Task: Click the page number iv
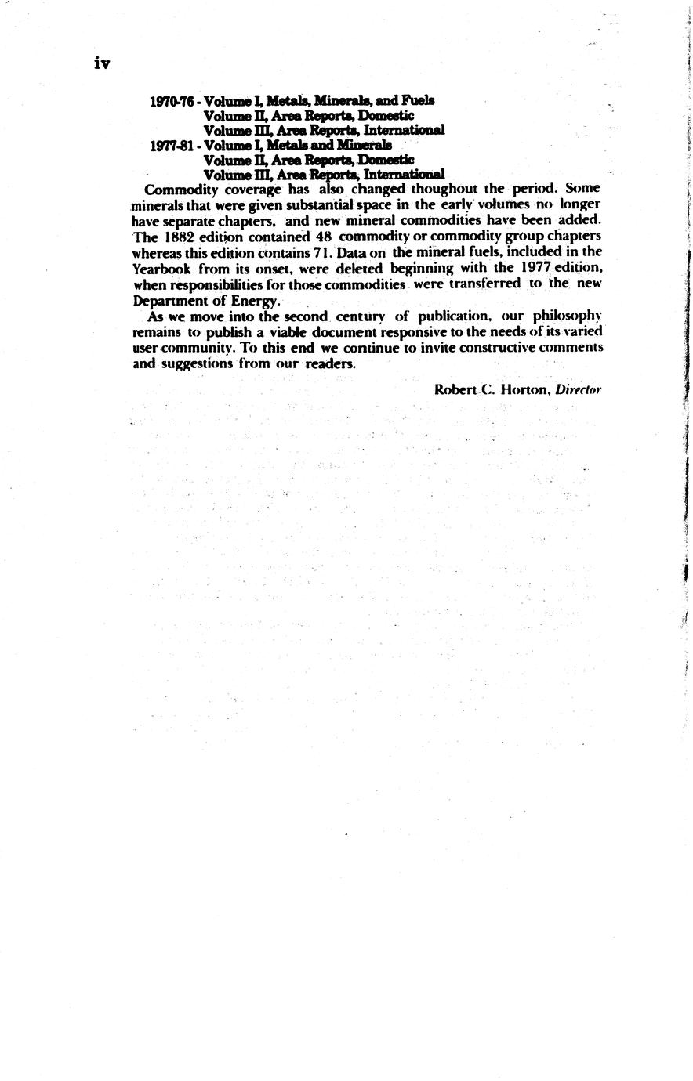click(x=102, y=64)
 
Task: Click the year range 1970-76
click(x=172, y=101)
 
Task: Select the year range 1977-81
click(x=172, y=146)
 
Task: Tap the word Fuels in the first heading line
click(x=418, y=100)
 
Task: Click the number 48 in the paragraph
click(x=324, y=237)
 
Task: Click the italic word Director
click(x=578, y=389)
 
